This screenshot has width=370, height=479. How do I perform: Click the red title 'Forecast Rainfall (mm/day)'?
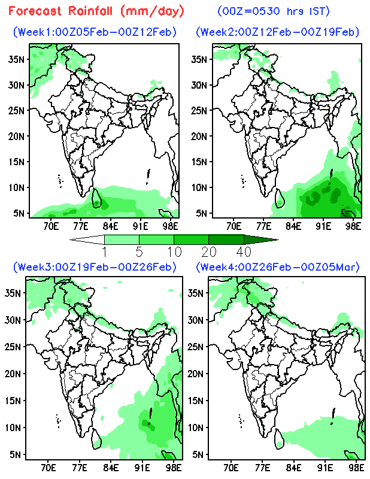point(96,11)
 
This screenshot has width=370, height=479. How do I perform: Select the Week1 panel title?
point(95,32)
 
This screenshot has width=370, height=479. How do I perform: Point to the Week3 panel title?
point(95,266)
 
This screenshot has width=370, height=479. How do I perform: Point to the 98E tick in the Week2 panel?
point(353,226)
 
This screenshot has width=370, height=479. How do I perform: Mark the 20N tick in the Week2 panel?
point(198,136)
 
